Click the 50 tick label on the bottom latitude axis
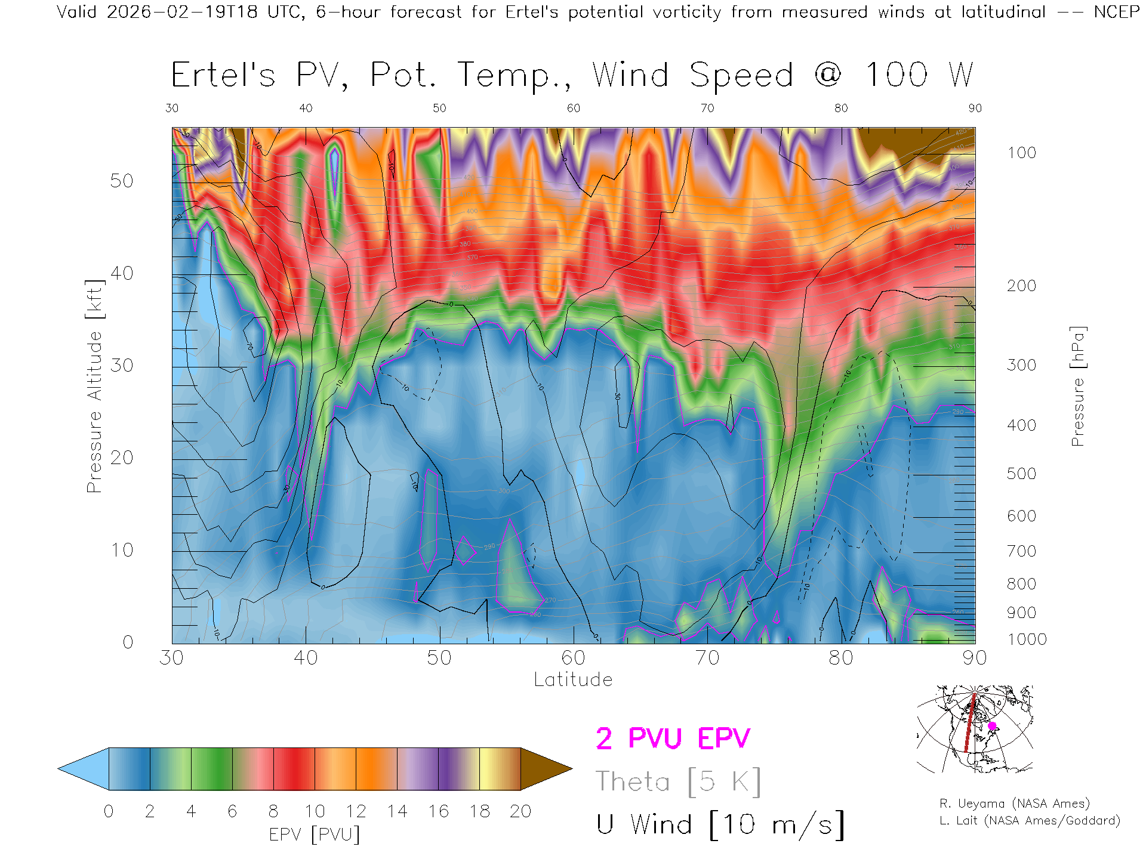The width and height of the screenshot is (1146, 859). click(x=439, y=658)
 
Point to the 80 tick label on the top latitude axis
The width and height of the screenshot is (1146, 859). click(x=841, y=108)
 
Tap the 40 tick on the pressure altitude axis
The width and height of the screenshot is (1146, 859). click(x=122, y=273)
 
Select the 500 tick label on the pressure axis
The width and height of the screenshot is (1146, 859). click(x=1021, y=474)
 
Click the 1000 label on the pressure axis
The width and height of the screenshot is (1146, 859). click(x=1027, y=639)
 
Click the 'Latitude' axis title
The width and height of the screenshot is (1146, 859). click(x=573, y=680)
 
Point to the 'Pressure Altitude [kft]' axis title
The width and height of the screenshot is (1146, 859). click(x=94, y=387)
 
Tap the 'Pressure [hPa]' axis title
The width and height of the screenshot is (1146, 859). click(x=1077, y=387)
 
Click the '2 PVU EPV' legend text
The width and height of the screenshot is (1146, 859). click(x=673, y=739)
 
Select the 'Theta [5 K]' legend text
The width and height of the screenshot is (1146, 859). click(x=678, y=781)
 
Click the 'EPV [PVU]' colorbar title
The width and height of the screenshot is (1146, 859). click(x=315, y=835)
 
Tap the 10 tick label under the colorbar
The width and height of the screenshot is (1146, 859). click(x=315, y=811)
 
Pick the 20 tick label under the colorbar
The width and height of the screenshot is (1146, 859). click(x=520, y=811)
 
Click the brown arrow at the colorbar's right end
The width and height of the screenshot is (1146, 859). click(x=544, y=769)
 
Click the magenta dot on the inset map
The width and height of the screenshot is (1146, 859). click(x=992, y=726)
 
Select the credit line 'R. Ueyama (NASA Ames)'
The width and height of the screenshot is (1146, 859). click(x=1015, y=804)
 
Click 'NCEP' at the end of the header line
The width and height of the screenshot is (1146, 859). click(x=1117, y=12)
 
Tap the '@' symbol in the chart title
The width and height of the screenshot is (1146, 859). click(x=828, y=75)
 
